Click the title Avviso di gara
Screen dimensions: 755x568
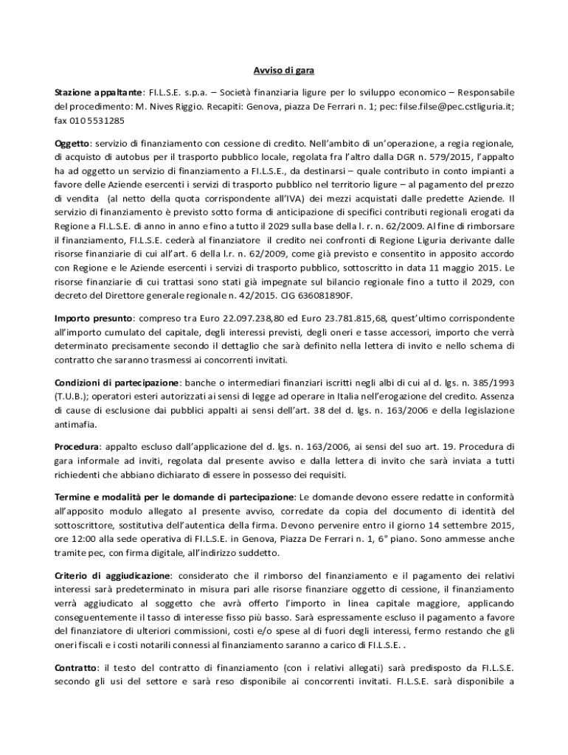[284, 72]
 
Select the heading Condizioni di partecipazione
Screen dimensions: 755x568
[117, 383]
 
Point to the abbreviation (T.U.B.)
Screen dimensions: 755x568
[72, 396]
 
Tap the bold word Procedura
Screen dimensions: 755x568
[78, 447]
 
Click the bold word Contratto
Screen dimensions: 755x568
[77, 666]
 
